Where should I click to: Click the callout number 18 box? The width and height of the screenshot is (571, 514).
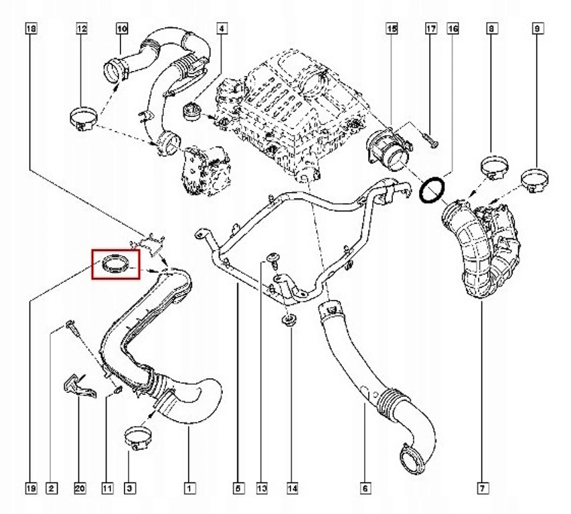(x=31, y=29)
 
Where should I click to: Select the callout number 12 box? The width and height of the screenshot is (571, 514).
(x=82, y=29)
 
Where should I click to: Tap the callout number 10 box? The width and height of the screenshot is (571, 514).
(x=122, y=29)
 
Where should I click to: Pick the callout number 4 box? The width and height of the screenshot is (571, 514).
(x=222, y=29)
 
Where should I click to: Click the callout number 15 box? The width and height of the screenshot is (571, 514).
(x=392, y=29)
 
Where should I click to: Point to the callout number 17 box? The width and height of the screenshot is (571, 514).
(x=431, y=29)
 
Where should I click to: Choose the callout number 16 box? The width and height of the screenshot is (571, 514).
(x=453, y=29)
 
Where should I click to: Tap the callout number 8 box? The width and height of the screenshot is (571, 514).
(x=492, y=29)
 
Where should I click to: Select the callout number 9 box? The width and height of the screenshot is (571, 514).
(x=537, y=29)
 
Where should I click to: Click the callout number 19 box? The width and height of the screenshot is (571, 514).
(x=31, y=489)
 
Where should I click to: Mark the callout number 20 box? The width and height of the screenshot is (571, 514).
(x=80, y=489)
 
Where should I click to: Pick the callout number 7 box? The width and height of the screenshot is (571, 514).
(x=482, y=489)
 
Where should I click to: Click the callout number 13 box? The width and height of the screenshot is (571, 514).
(x=262, y=489)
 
